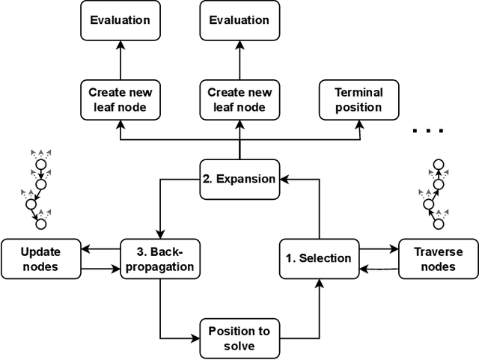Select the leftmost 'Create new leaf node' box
(x=120, y=100)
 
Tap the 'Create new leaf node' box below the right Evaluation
(x=239, y=100)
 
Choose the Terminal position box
(x=359, y=100)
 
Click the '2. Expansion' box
(x=239, y=179)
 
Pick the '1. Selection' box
(x=319, y=258)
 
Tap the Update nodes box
(x=40, y=258)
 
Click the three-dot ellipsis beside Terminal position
(x=429, y=130)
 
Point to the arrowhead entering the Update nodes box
(x=85, y=250)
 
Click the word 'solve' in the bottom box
(x=239, y=345)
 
